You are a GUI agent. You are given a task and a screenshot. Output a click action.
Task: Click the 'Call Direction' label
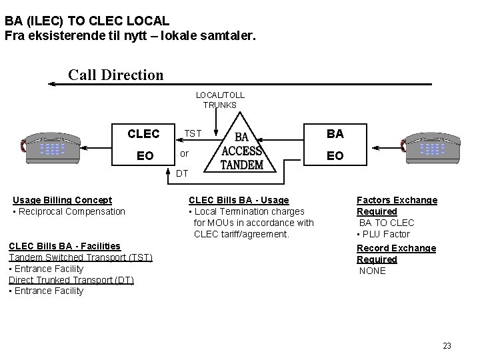115,75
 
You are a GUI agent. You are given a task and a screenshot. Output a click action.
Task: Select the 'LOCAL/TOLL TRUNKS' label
220,100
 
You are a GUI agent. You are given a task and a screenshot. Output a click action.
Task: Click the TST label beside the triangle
193,133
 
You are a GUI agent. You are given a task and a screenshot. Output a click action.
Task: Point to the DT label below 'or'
182,174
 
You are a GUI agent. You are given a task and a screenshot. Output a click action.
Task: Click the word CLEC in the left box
144,134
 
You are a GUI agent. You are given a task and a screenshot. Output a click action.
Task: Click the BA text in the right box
335,134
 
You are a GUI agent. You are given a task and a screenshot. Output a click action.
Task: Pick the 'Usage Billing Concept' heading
63,200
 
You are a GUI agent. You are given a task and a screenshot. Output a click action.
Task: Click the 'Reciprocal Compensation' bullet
69,211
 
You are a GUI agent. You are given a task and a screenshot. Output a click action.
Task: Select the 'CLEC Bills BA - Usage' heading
239,200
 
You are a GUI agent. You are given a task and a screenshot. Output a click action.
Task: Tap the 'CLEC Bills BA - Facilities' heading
65,246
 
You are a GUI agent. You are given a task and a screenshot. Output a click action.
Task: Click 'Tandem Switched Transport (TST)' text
81,257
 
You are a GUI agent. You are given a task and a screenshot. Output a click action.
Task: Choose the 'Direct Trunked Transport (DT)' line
71,279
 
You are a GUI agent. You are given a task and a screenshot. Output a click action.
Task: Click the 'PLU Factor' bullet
385,234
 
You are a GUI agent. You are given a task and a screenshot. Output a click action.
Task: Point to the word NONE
373,271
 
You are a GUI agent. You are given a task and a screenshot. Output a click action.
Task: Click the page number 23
447,345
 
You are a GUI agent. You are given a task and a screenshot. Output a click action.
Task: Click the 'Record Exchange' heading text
396,248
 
